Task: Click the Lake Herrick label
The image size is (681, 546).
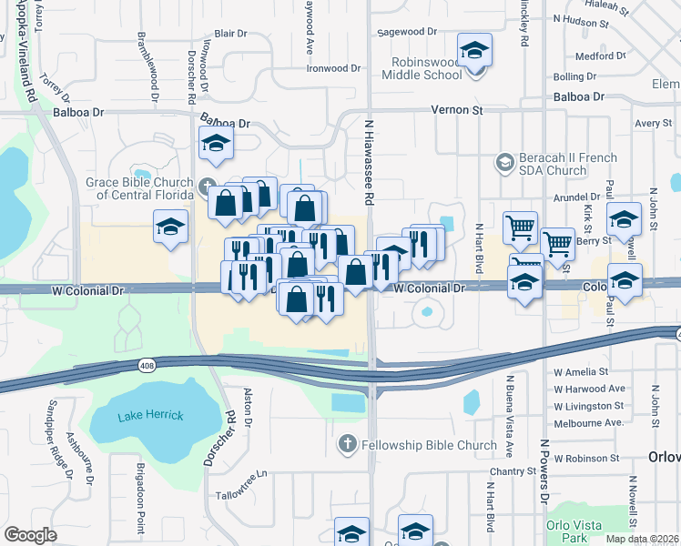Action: [x=150, y=415]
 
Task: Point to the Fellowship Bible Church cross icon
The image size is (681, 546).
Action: [x=347, y=445]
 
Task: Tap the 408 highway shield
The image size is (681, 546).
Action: [x=147, y=365]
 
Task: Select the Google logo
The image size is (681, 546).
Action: [x=31, y=535]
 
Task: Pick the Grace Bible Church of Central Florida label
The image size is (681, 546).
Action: [x=139, y=187]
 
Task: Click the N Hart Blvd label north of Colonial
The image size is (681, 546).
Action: [x=478, y=247]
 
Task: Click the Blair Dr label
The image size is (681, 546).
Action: [x=230, y=34]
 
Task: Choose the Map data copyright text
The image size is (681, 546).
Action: [x=643, y=539]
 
